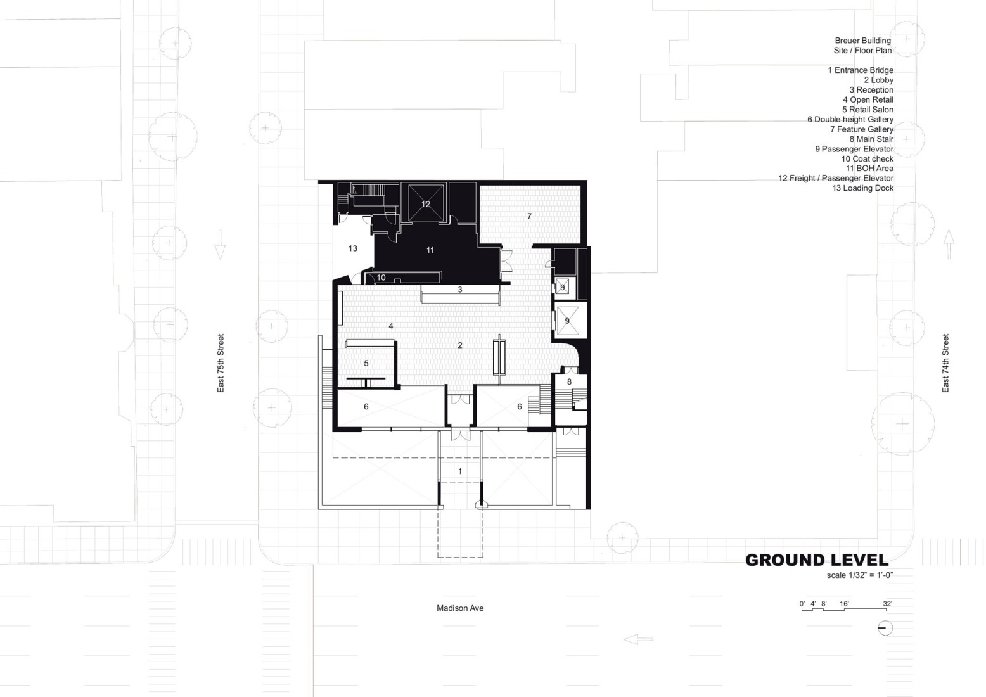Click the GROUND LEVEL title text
click(816, 560)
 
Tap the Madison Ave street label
click(460, 608)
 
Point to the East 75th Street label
click(221, 363)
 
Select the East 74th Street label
click(945, 363)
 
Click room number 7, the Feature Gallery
click(530, 216)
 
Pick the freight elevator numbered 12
click(426, 204)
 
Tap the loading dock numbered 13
click(353, 248)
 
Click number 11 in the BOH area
click(430, 250)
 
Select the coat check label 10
click(381, 278)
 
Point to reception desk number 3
click(460, 290)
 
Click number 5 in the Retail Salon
click(366, 364)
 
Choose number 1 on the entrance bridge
click(460, 471)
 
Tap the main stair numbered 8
click(569, 381)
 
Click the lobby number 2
click(460, 345)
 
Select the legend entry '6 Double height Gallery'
click(850, 119)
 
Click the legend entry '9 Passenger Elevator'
click(854, 149)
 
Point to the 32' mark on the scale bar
click(887, 604)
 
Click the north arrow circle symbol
click(885, 628)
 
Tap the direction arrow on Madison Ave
click(638, 639)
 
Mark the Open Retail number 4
click(391, 326)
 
